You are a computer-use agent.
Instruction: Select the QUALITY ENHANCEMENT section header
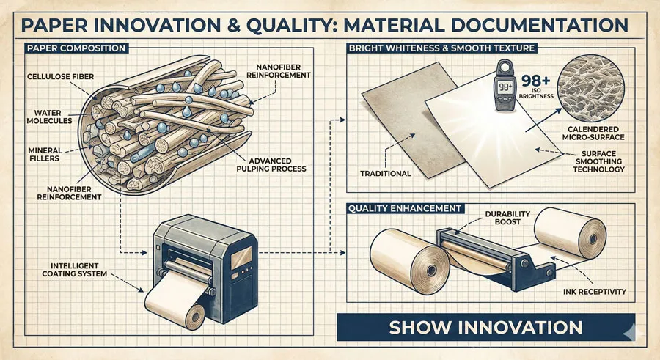404,208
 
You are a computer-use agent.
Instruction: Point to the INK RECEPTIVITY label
592,292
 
